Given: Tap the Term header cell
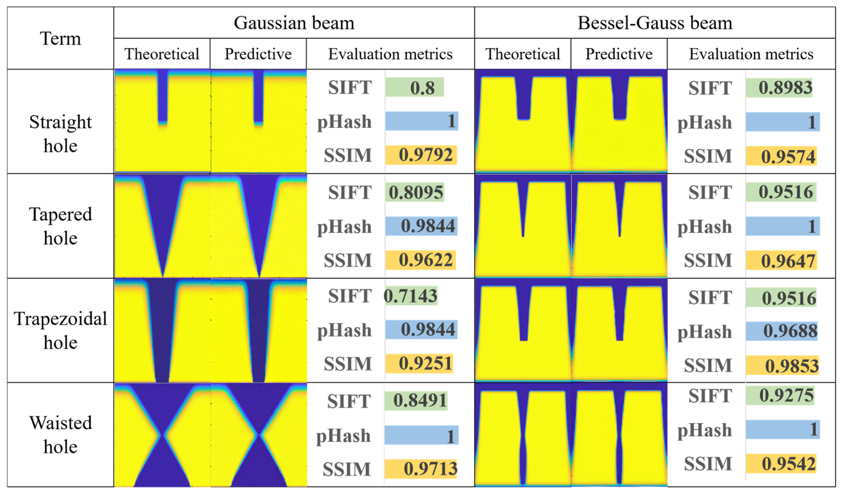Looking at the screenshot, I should (x=61, y=38).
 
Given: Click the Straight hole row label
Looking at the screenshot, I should (x=61, y=133).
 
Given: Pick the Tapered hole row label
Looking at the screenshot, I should (x=61, y=226).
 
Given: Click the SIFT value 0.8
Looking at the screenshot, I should (x=422, y=88).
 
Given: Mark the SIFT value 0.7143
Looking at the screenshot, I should (x=410, y=296).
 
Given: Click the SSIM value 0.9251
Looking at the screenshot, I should (x=425, y=364).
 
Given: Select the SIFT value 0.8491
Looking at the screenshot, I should (x=420, y=400).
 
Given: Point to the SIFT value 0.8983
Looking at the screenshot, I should (x=785, y=88).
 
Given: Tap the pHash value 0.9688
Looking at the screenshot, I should (x=790, y=331).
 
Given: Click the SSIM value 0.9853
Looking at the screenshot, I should (x=791, y=365).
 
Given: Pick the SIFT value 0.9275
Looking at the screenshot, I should (x=786, y=396).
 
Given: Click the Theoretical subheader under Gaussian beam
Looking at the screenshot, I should (x=162, y=54).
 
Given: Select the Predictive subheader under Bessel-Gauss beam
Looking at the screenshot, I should (x=619, y=54).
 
